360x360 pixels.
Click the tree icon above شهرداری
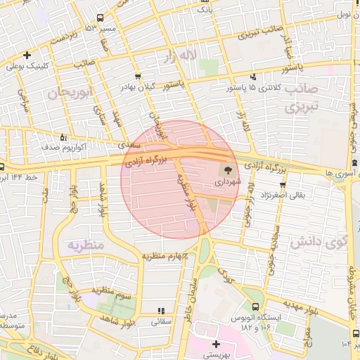pos(227,169)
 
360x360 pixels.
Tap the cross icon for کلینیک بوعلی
pos(27,55)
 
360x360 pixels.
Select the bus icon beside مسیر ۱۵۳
pos(101,18)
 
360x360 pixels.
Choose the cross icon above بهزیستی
pos(216,345)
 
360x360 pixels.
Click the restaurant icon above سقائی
pos(161,310)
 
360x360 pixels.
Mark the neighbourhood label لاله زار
pos(179,56)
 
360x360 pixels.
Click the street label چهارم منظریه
pos(165,257)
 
